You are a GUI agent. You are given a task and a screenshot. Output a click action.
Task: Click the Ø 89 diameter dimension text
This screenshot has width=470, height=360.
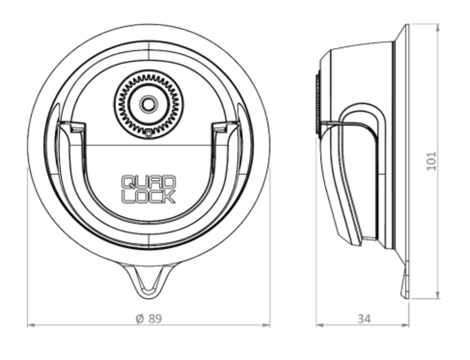click(x=149, y=318)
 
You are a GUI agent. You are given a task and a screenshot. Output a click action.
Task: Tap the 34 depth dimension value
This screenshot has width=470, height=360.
click(x=364, y=318)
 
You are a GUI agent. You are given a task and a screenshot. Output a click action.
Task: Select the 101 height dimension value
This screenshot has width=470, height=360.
click(x=432, y=160)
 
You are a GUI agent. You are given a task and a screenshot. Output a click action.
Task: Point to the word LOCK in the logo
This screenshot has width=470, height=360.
click(x=148, y=196)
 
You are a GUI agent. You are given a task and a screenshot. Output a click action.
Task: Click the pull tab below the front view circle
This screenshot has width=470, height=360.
click(x=149, y=280)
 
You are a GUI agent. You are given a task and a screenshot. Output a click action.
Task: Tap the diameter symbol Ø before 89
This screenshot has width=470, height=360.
click(x=139, y=318)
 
